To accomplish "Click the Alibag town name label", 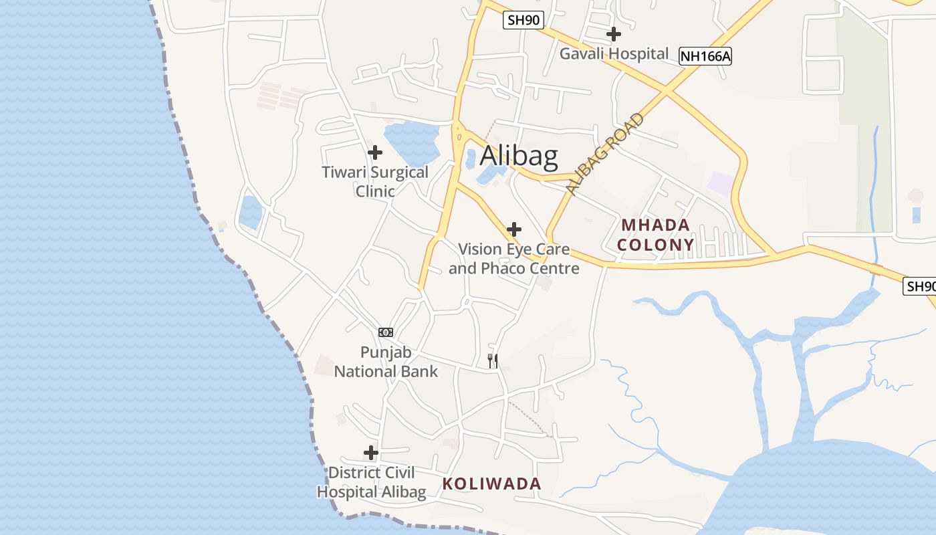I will [519, 155].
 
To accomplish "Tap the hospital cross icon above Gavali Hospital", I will [614, 33].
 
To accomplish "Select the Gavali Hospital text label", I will [614, 53].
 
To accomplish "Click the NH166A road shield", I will [705, 57].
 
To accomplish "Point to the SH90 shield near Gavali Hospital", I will [522, 20].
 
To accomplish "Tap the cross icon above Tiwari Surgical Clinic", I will [375, 152].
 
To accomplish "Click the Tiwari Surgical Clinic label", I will [375, 181].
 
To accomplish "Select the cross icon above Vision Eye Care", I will [513, 229].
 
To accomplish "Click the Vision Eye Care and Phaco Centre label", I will [513, 259].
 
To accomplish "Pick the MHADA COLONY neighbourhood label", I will [655, 235].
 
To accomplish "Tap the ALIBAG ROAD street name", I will [605, 154].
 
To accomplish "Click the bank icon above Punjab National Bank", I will [386, 332].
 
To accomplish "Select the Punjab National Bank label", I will [386, 362].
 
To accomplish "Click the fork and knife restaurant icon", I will [493, 361].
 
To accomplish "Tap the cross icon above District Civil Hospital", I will [371, 453].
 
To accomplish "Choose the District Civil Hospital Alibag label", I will [371, 482].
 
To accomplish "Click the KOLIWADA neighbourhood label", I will [491, 484].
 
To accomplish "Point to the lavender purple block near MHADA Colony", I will [721, 183].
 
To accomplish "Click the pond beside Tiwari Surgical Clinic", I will [411, 142].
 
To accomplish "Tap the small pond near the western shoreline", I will [251, 213].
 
